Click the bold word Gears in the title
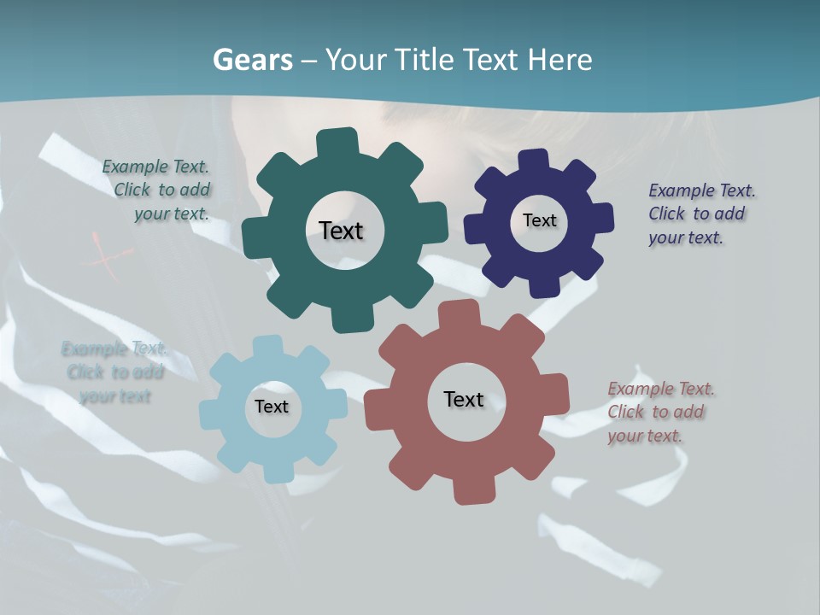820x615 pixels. (x=253, y=60)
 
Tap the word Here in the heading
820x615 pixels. (x=559, y=60)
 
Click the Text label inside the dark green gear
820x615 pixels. (x=341, y=231)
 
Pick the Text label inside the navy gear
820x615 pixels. (x=539, y=220)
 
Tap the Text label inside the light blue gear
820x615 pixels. (x=272, y=407)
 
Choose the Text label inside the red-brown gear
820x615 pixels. (x=464, y=399)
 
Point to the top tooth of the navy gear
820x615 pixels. (x=534, y=161)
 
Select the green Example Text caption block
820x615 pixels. (x=159, y=190)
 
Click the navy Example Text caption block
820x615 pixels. (x=700, y=214)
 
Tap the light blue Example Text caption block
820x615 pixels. (x=114, y=372)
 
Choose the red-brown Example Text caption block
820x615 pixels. (x=659, y=412)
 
